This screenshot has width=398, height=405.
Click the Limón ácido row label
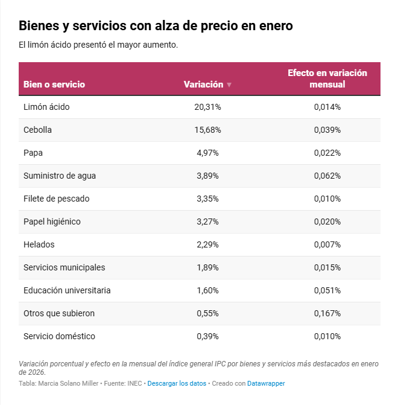point(46,107)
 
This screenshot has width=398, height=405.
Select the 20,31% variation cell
point(207,107)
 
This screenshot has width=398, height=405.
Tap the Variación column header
point(203,85)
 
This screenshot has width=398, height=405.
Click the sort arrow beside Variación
point(229,85)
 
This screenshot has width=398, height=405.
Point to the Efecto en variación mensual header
point(327,78)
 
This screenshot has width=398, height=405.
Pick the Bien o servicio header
point(54,85)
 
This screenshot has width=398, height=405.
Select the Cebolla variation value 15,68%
point(207,130)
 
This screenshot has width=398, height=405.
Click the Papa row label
point(33,153)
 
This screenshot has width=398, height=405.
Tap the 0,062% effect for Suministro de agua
point(327,176)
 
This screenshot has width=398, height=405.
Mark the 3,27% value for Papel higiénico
point(207,222)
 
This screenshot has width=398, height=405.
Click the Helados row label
point(39,244)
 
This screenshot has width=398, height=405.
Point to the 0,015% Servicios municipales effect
point(327,267)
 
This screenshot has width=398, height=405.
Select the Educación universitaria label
point(67,290)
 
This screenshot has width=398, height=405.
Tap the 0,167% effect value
point(327,313)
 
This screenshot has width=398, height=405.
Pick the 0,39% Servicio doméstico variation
point(207,336)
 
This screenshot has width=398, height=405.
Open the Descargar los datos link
point(177,383)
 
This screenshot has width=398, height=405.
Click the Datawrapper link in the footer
point(266,383)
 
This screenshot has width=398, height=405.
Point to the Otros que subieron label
point(59,313)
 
